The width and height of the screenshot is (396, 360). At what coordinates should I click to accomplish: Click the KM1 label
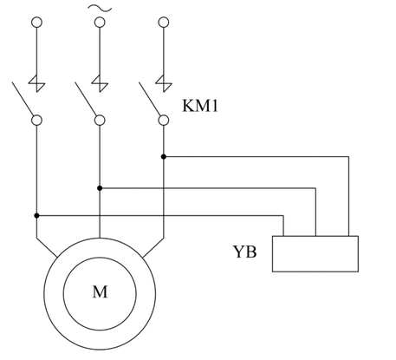coord(200,106)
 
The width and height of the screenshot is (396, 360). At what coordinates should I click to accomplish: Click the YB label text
coord(244,252)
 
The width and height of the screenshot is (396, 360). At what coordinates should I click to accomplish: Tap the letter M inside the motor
coord(100,291)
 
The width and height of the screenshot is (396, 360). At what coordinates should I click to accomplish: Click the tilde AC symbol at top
coord(100,9)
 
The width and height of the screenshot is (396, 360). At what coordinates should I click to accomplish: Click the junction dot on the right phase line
coord(164,157)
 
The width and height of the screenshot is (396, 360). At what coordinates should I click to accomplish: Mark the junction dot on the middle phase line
coord(100,188)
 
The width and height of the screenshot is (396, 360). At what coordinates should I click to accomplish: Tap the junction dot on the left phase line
coord(36,216)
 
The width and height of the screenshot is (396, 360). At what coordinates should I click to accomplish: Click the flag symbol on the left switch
coord(36,83)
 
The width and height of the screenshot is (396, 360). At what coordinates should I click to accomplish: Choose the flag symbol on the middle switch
coord(100,83)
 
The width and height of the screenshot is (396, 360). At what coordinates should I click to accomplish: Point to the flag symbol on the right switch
coord(164,83)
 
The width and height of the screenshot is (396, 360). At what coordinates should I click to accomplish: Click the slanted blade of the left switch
coord(23,99)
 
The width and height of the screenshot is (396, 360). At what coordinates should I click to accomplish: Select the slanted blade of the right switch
coord(150,99)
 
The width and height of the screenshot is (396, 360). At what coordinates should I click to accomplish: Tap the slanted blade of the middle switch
coord(86,99)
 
